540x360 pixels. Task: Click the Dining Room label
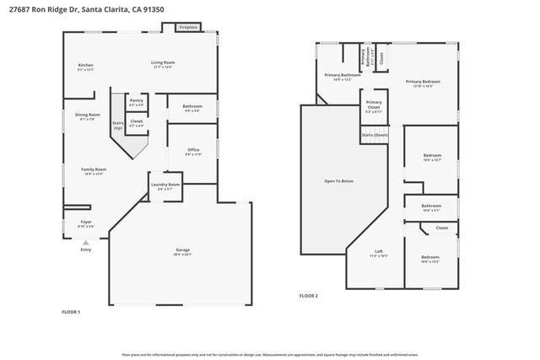pos(87,116)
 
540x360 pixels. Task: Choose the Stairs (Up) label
pos(118,125)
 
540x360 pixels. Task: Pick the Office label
pos(193,152)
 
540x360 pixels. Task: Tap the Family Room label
pos(94,170)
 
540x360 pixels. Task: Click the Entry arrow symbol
pos(85,242)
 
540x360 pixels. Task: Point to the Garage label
pos(181,250)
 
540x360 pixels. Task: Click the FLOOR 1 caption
pos(71,313)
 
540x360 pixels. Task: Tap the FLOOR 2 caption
pos(309,296)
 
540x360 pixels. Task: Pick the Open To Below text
pos(338,181)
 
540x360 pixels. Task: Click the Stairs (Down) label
pos(375,135)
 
